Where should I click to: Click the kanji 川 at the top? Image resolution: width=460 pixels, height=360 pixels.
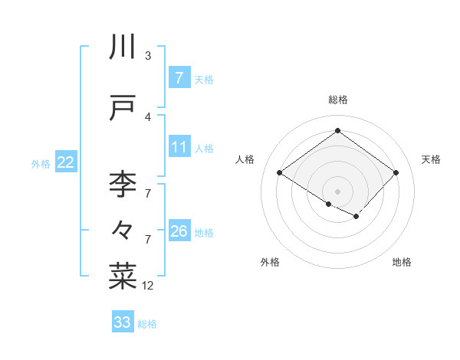(x=123, y=47)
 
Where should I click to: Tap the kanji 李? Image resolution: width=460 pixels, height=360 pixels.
(x=123, y=185)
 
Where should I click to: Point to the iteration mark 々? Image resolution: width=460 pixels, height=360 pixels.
(x=123, y=228)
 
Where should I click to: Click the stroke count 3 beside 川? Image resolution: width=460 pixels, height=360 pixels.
(x=148, y=56)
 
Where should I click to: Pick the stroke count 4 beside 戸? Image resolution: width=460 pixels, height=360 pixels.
(x=148, y=116)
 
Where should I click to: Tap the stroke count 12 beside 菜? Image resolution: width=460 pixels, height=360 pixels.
(x=148, y=286)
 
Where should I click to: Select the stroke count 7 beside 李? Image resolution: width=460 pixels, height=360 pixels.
(x=148, y=194)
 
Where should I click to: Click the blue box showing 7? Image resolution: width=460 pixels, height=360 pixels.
(x=179, y=78)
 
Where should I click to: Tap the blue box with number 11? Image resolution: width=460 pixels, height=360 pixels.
(x=179, y=147)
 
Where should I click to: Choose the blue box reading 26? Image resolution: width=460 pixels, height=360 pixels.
(x=179, y=231)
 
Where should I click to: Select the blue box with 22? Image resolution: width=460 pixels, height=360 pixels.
(x=66, y=162)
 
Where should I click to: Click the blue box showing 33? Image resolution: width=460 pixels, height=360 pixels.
(x=122, y=322)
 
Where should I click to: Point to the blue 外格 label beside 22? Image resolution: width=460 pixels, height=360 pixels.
(x=41, y=163)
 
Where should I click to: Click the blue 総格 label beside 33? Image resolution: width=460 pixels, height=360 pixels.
(x=147, y=324)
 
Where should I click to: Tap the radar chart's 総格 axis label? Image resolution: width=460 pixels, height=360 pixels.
(x=337, y=100)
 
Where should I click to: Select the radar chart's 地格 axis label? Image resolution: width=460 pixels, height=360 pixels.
(x=402, y=263)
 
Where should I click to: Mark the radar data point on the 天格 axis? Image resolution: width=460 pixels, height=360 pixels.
(x=396, y=173)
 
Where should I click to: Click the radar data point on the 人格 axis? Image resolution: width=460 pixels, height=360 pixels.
(x=280, y=173)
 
